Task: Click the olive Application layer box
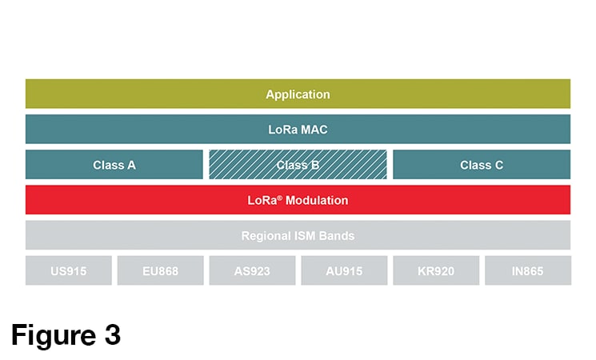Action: coord(298,94)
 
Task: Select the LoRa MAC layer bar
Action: coord(298,130)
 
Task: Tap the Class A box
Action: coord(114,165)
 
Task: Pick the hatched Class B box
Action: coord(298,165)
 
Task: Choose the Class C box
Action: coord(482,165)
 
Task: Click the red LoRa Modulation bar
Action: coord(298,200)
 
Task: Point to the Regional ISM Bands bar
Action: coord(298,235)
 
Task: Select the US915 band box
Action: coord(69,270)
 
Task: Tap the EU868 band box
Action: coord(161,270)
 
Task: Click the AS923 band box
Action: coord(252,270)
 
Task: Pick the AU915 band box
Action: coord(344,270)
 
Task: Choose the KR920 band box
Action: coord(436,270)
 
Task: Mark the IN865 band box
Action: coord(528,270)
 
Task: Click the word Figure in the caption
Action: coord(54,336)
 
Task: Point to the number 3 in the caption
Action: coord(113,335)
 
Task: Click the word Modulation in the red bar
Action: coord(317,200)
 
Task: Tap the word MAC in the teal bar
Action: coord(314,130)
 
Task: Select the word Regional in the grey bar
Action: coord(265,236)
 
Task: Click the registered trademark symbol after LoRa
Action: coord(280,198)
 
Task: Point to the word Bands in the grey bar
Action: coord(337,236)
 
